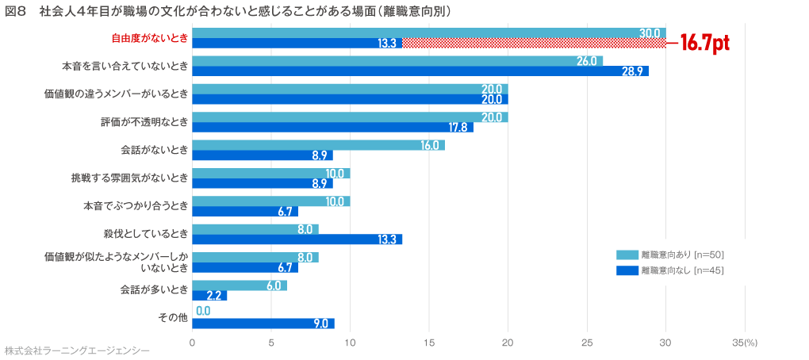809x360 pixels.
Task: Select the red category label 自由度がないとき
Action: (149, 38)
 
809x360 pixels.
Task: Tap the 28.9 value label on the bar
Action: (632, 71)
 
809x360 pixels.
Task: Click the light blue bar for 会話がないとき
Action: (317, 145)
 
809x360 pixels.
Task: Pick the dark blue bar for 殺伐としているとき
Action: (297, 239)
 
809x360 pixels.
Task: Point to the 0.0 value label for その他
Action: (203, 311)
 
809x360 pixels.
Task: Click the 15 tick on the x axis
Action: (429, 343)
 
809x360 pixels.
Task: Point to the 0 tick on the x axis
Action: (192, 343)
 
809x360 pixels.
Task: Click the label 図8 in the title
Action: (17, 11)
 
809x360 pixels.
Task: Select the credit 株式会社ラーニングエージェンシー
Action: (76, 350)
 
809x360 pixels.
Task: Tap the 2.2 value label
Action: (216, 296)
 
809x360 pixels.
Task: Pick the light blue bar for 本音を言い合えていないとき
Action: (397, 61)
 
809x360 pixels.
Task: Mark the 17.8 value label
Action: (458, 128)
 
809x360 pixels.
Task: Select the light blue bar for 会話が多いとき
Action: (239, 285)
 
